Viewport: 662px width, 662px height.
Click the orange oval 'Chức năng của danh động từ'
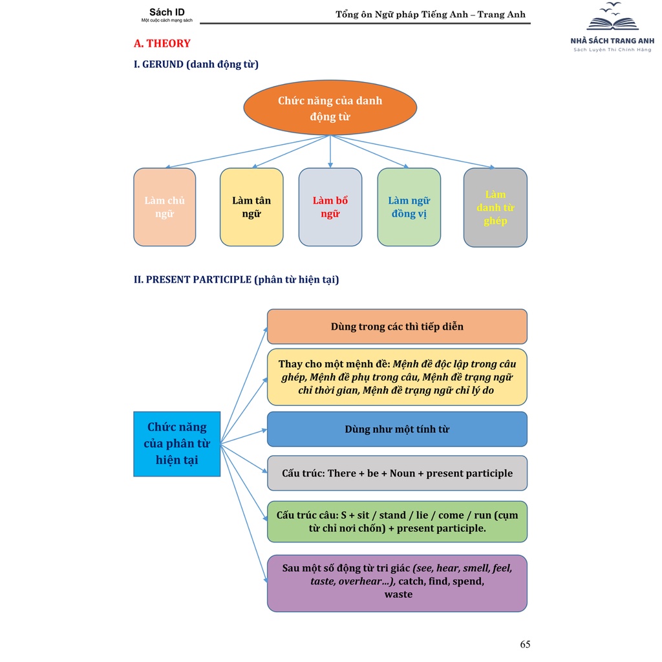330,108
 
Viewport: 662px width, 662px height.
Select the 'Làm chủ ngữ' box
164,207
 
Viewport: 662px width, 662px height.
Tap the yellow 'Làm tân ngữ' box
251,207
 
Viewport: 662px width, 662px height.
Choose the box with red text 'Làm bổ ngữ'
330,207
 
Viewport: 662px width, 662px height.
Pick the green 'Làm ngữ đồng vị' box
409,207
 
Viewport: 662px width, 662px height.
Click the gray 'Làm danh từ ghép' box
495,207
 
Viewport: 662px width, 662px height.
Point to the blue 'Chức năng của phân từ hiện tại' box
176,443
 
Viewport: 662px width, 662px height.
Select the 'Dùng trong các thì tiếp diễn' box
397,326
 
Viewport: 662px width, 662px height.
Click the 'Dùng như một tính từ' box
397,429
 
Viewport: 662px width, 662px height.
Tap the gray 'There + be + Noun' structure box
397,473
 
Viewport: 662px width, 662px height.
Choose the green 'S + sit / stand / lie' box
397,521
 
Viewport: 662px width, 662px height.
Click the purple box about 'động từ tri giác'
397,582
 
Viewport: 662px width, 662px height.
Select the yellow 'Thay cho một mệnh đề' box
397,377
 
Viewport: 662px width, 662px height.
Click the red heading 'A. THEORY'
162,43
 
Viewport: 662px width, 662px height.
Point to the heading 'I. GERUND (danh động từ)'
196,64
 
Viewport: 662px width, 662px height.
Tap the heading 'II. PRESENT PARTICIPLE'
236,279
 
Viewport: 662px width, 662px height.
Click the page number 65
525,644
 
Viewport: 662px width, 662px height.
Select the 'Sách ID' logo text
167,12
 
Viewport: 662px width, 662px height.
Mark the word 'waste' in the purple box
398,594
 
